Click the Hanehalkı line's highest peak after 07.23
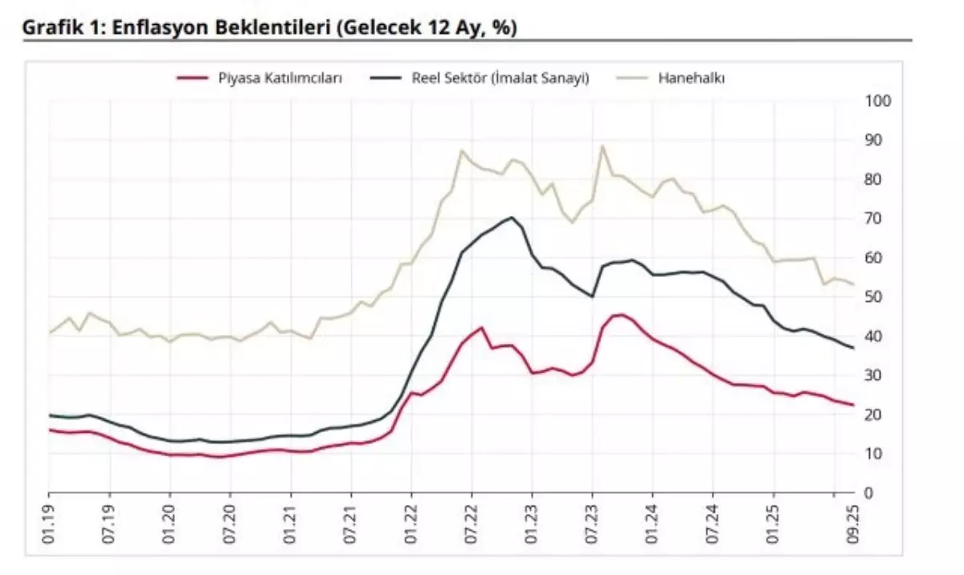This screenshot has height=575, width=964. (602, 146)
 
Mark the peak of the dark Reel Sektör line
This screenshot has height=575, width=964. (512, 218)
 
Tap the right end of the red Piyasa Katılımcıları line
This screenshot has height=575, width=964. (852, 405)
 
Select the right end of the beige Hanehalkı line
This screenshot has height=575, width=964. (852, 283)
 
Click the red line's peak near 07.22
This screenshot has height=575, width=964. (481, 328)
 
